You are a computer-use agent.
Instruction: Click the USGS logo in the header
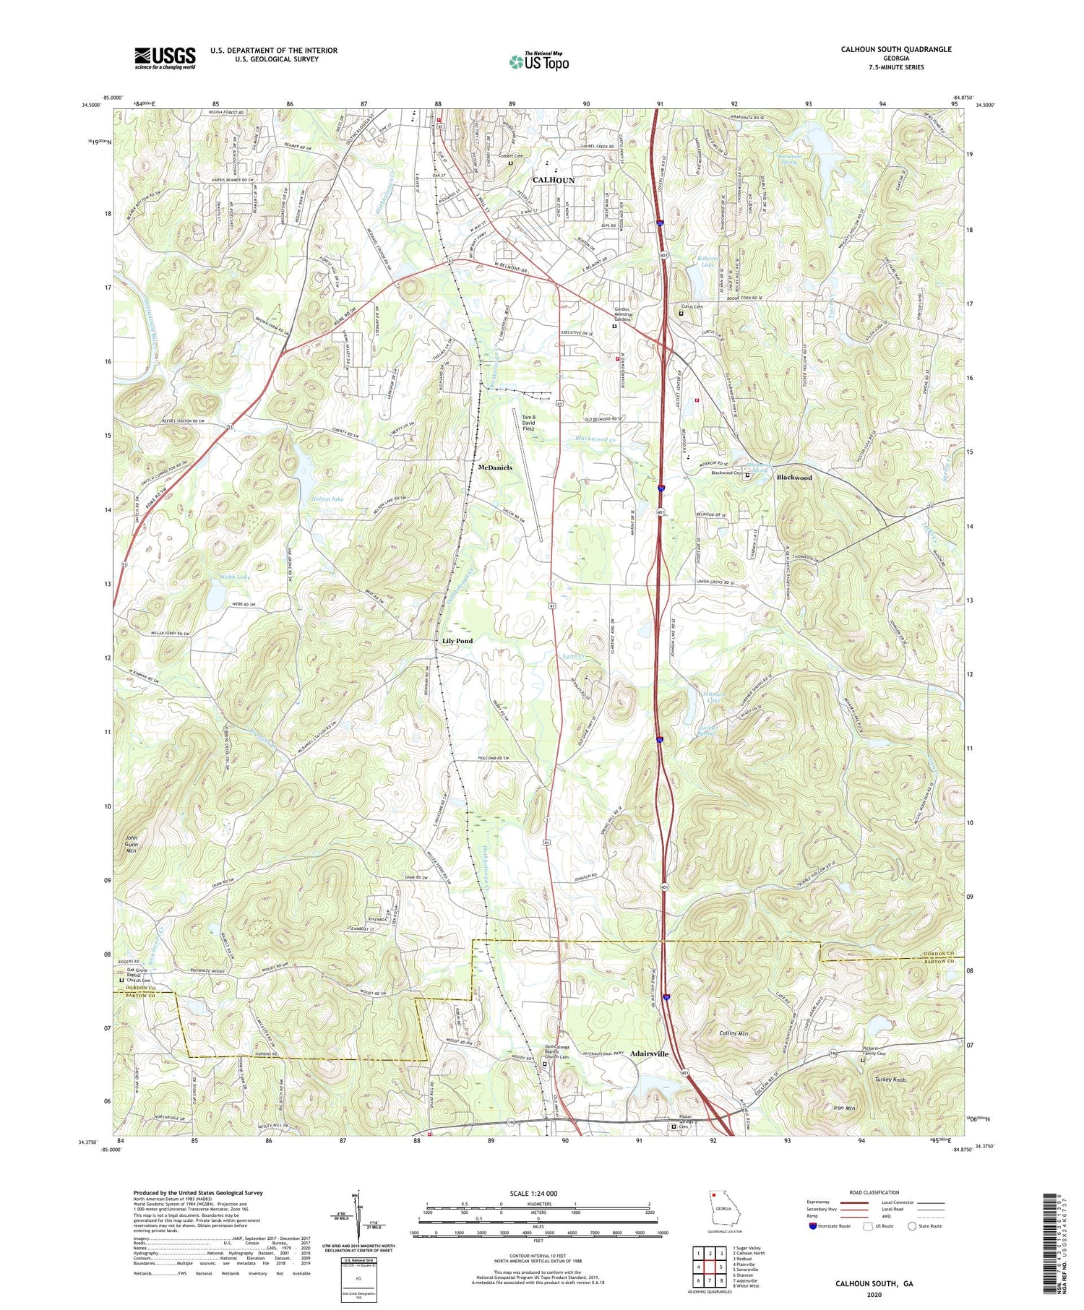[165, 58]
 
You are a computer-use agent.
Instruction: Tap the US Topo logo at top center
[538, 61]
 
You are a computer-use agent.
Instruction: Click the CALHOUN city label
[554, 180]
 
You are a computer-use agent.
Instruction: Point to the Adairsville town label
[649, 1054]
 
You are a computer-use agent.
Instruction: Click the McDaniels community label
[495, 467]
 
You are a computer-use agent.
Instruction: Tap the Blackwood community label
[794, 478]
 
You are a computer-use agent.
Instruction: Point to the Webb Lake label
[235, 577]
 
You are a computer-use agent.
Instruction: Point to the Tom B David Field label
[528, 423]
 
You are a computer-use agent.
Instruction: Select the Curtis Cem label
[691, 306]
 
